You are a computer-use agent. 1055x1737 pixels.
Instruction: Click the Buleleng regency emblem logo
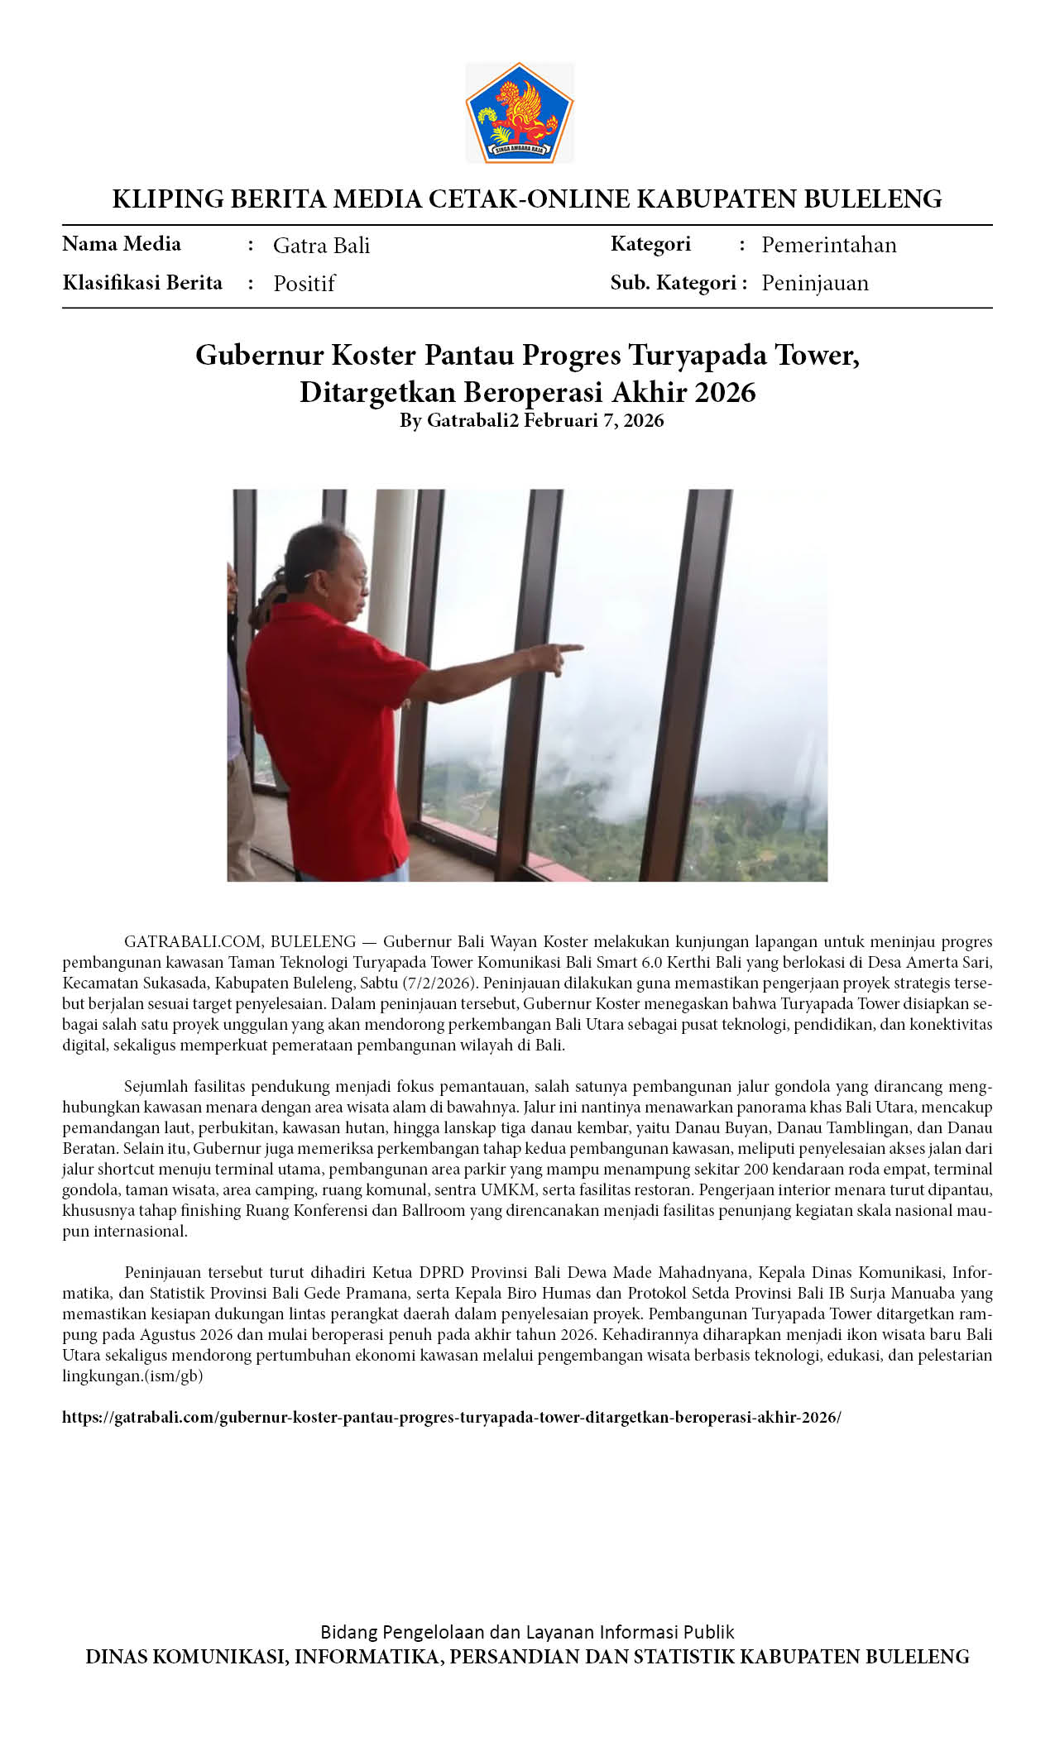coord(519,112)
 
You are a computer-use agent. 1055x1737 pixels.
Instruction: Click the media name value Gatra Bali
coord(321,246)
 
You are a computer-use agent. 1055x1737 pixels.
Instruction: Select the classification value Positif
coord(304,284)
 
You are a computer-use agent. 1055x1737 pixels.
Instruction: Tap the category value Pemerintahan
coord(828,245)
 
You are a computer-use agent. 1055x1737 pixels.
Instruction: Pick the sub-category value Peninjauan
coord(814,283)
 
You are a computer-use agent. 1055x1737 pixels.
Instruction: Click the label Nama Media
coord(122,244)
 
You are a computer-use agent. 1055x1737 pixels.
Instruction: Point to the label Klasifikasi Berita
coord(142,283)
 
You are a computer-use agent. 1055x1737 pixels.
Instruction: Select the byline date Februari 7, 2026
coord(593,420)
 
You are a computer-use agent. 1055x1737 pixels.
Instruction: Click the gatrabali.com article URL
coord(451,1417)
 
